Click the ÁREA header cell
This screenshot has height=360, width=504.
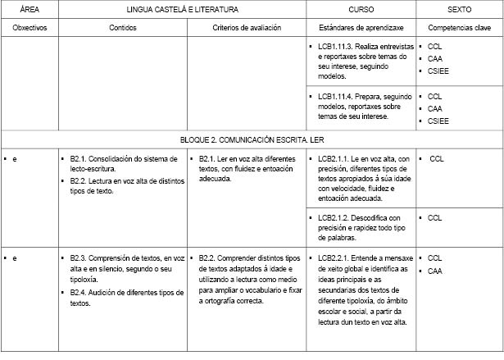[29, 9]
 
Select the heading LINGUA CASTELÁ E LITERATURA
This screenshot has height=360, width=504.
[182, 9]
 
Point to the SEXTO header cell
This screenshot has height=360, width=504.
[459, 9]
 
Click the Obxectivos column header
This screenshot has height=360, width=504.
[30, 27]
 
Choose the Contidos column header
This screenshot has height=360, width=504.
[123, 27]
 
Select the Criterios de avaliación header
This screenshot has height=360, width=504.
[247, 27]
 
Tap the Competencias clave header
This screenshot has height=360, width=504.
[459, 27]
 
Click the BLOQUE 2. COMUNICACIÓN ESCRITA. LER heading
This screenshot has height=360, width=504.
[252, 140]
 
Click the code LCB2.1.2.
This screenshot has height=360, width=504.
[334, 217]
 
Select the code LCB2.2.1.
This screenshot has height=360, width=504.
[334, 257]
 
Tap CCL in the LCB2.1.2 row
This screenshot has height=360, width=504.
[435, 217]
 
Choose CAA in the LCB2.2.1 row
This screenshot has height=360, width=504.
[435, 271]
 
